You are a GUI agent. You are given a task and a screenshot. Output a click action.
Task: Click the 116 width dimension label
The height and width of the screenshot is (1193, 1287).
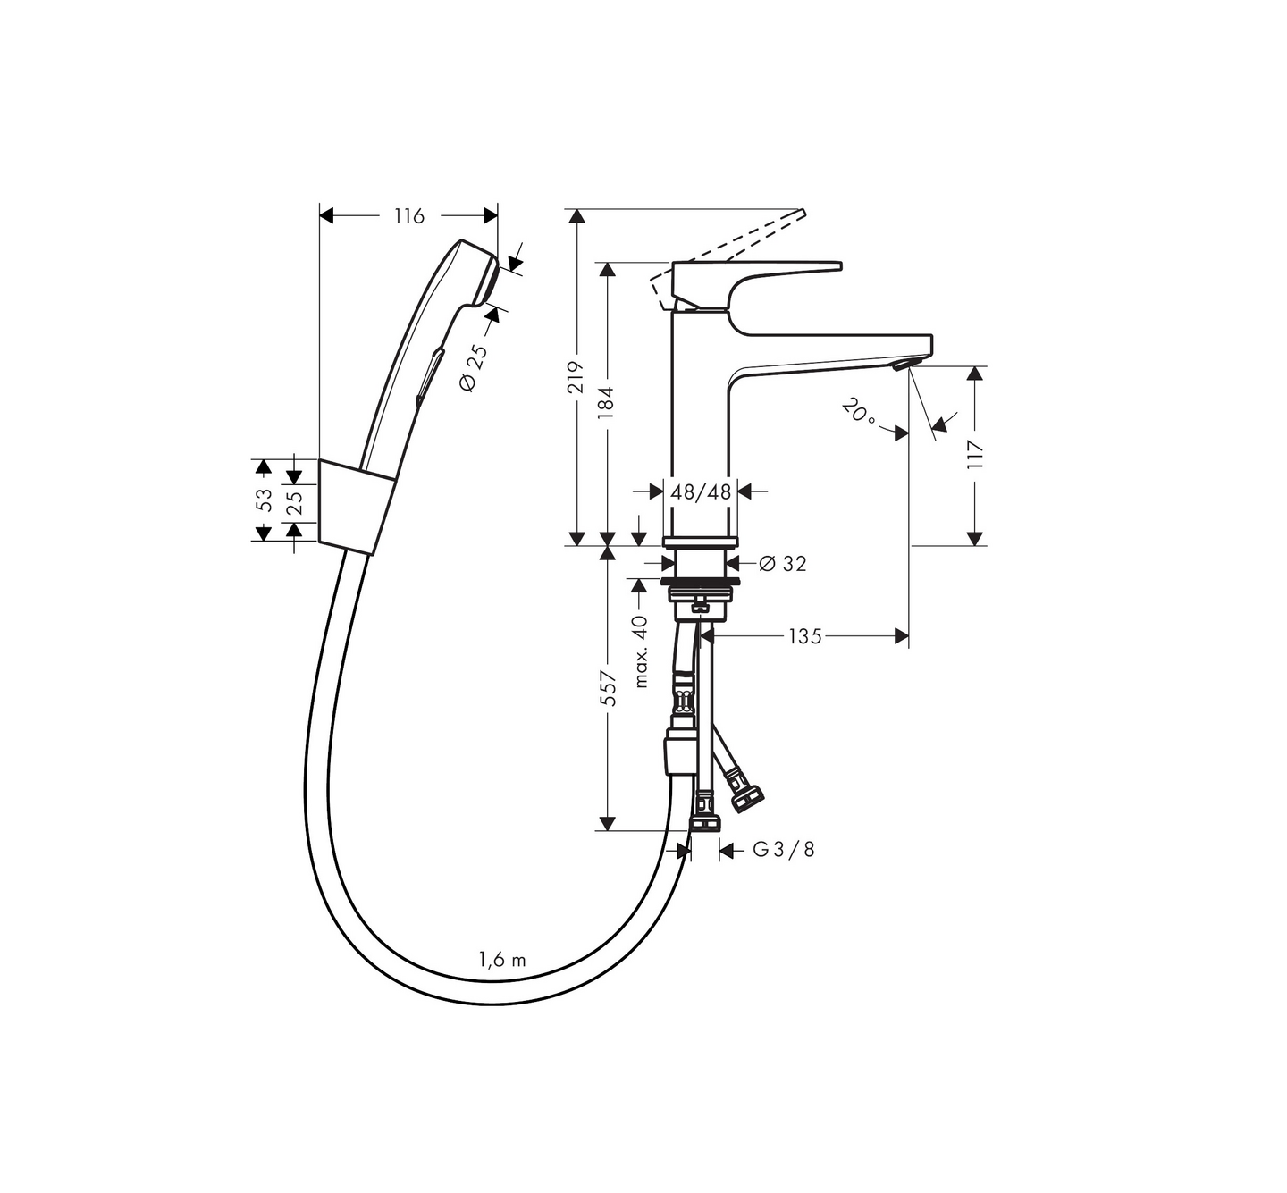pyautogui.click(x=409, y=215)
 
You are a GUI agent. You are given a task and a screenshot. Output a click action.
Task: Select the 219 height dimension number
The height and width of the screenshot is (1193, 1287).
pyautogui.click(x=576, y=377)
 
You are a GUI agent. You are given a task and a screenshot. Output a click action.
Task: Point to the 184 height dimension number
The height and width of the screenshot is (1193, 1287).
pyautogui.click(x=606, y=402)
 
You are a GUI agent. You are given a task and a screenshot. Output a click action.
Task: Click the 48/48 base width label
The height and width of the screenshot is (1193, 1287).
pyautogui.click(x=701, y=492)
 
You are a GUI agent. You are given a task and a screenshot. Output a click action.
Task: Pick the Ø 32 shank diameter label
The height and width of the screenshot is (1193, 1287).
pyautogui.click(x=783, y=564)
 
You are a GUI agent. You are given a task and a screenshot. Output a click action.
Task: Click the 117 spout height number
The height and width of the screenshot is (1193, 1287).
pyautogui.click(x=975, y=455)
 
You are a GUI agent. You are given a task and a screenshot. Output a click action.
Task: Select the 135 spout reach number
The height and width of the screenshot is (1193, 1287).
pyautogui.click(x=805, y=637)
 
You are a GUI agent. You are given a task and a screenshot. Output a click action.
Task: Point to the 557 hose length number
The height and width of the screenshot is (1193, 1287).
pyautogui.click(x=610, y=687)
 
